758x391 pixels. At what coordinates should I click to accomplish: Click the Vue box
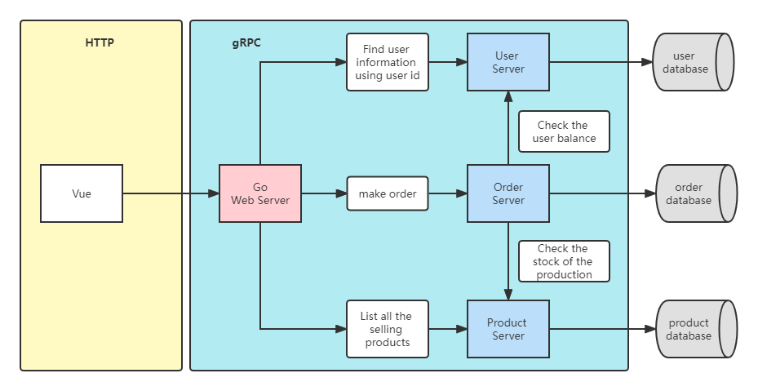[x=82, y=193]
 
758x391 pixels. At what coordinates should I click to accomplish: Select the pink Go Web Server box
[x=260, y=193]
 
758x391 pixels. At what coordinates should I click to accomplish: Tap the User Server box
[x=508, y=62]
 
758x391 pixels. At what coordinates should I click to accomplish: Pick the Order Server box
[x=508, y=193]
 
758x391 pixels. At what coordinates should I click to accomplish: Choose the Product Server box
[x=508, y=329]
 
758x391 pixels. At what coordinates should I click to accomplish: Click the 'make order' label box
[x=388, y=193]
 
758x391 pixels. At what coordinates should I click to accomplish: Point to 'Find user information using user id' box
[x=388, y=62]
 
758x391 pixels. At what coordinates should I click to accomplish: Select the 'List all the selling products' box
[x=388, y=329]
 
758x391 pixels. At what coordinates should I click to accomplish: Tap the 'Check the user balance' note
[x=564, y=131]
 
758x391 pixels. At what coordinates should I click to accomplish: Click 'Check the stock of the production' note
[x=564, y=261]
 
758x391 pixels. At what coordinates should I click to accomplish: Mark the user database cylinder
[x=692, y=62]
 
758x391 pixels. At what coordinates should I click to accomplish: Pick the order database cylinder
[x=695, y=193]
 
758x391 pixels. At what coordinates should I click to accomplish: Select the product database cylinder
[x=695, y=329]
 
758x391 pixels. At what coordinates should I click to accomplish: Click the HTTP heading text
[x=100, y=42]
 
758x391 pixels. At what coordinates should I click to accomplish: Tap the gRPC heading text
[x=246, y=42]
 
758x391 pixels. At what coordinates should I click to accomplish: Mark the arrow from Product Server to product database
[x=602, y=329]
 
